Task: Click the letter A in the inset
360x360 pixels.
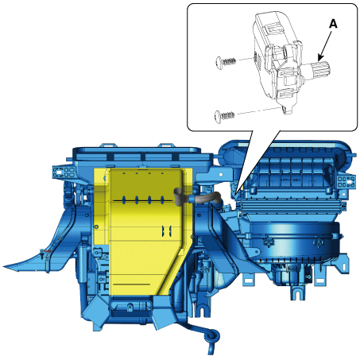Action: tap(333, 24)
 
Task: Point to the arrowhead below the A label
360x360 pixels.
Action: tap(321, 56)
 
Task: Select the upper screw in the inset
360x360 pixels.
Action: tap(226, 63)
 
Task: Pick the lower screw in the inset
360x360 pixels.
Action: tap(224, 116)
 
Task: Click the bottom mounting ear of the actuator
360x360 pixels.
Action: tap(287, 109)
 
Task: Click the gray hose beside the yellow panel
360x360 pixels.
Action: tap(196, 198)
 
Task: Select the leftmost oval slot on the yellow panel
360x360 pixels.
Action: tap(124, 200)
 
